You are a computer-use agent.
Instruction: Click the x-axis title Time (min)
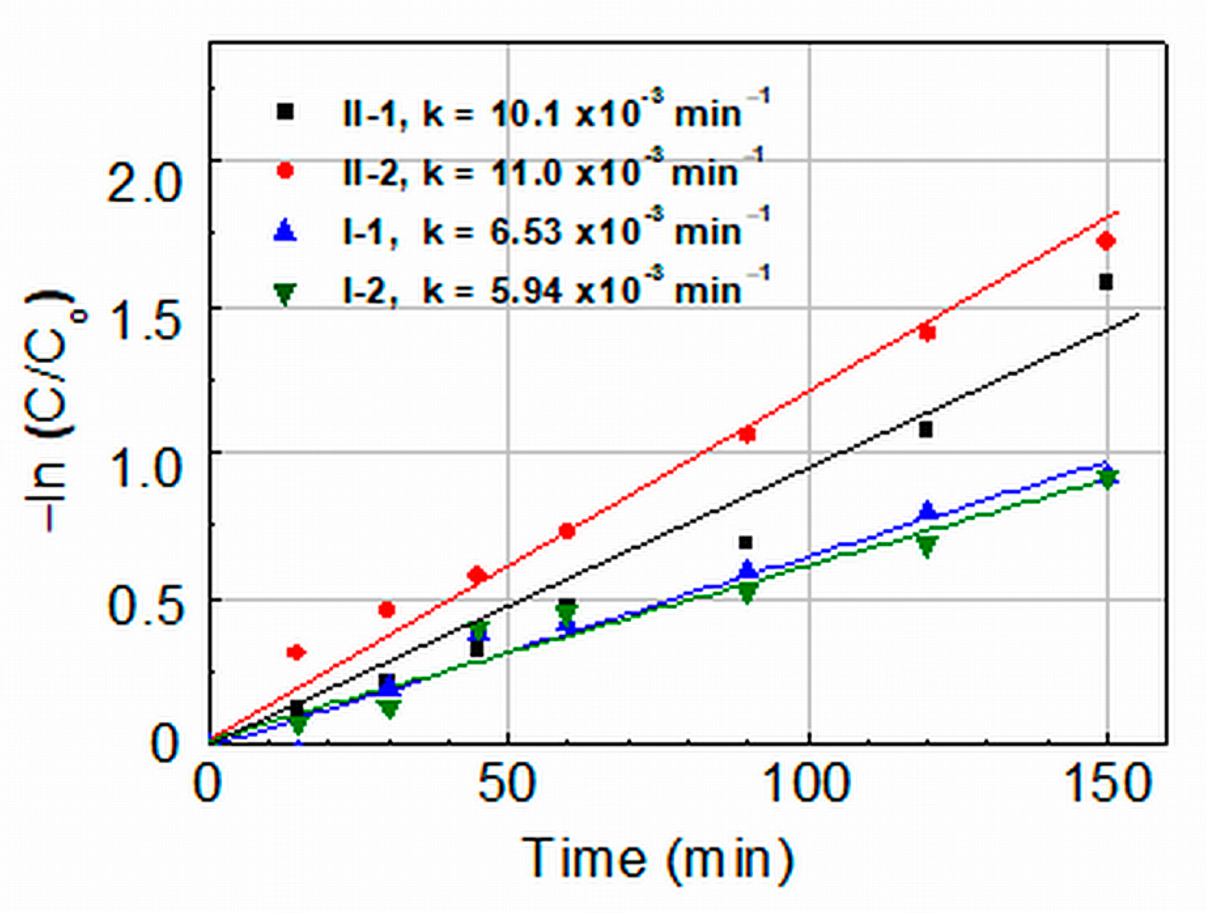tap(657, 858)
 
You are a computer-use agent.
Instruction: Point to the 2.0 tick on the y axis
tap(143, 182)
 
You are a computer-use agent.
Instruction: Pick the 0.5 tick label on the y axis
tap(143, 606)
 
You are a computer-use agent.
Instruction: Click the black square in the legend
tap(286, 112)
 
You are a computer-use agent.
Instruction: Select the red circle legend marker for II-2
tap(286, 171)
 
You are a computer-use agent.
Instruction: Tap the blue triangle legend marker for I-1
tap(286, 230)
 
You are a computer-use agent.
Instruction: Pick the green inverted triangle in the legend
tap(286, 294)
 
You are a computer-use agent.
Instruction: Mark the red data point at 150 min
tap(1106, 241)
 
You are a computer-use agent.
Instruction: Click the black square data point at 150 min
tap(1106, 283)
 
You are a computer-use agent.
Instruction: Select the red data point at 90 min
tap(747, 434)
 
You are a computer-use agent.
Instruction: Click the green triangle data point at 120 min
tap(926, 545)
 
